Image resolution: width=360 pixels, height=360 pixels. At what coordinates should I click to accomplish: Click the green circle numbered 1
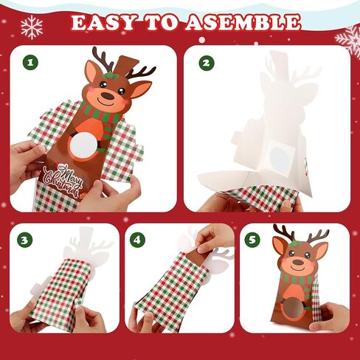click(x=30, y=63)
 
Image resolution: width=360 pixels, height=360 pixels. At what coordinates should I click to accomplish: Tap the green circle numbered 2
click(x=207, y=63)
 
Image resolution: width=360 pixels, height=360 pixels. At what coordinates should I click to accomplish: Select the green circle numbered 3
click(x=24, y=240)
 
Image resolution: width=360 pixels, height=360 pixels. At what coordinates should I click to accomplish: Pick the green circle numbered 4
click(x=137, y=240)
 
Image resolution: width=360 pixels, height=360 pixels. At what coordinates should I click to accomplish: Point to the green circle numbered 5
click(x=252, y=240)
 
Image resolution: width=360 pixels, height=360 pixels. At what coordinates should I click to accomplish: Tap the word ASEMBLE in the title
click(x=243, y=22)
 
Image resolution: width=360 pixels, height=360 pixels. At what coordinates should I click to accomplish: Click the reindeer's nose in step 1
click(x=108, y=96)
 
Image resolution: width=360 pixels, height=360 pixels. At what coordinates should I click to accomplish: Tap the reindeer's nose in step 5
click(x=298, y=262)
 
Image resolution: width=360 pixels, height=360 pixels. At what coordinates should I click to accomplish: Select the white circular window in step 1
click(x=83, y=145)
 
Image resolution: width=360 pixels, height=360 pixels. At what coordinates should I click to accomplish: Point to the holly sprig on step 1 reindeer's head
click(x=110, y=75)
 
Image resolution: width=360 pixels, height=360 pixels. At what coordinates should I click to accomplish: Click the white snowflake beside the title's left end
click(x=32, y=27)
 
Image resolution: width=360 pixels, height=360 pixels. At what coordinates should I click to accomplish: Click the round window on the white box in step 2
click(x=279, y=158)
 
